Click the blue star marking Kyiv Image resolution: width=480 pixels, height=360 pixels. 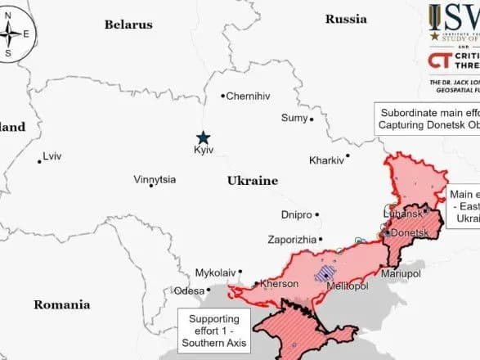pos(202,138)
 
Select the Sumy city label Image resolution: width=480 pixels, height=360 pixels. pos(294,118)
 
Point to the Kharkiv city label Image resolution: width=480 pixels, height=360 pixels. pos(326,160)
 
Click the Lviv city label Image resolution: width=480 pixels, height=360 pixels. pos(52,155)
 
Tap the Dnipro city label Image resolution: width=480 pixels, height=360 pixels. pos(296,215)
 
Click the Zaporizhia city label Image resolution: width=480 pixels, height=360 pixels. pos(291,240)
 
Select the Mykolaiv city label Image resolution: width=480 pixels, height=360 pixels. pos(215,272)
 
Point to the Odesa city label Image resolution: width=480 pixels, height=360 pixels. pos(189,290)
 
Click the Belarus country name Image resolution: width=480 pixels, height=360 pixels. pos(128,25)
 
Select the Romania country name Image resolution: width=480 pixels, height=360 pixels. pos(61,304)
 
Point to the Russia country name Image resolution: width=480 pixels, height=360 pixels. pos(346,19)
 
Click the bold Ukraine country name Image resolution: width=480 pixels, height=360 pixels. pos(252,181)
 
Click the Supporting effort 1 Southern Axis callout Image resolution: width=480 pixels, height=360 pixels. pos(214,331)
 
